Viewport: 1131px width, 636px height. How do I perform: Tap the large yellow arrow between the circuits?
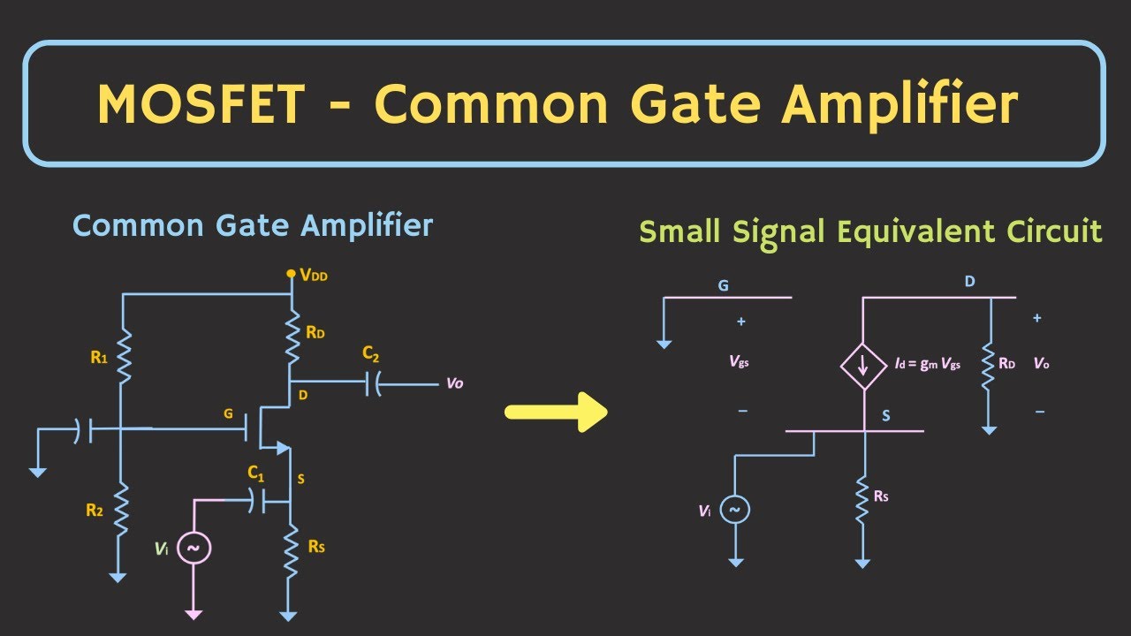pyautogui.click(x=556, y=412)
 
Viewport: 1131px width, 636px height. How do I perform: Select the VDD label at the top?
pyautogui.click(x=314, y=275)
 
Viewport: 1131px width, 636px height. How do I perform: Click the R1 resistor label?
pyautogui.click(x=99, y=358)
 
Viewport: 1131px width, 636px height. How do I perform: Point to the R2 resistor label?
pyautogui.click(x=95, y=510)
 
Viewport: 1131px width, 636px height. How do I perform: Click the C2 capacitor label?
pyautogui.click(x=370, y=354)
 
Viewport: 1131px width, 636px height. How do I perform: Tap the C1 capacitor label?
pyautogui.click(x=256, y=473)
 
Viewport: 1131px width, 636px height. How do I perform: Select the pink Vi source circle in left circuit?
pyautogui.click(x=194, y=549)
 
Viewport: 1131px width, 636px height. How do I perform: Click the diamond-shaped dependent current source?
pyautogui.click(x=864, y=366)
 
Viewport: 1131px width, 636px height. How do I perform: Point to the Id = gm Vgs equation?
pyautogui.click(x=928, y=363)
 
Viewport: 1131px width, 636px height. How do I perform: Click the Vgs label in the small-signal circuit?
pyautogui.click(x=740, y=361)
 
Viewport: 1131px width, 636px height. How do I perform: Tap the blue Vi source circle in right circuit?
pyautogui.click(x=734, y=510)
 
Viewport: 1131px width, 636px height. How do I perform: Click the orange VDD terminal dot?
pyautogui.click(x=291, y=274)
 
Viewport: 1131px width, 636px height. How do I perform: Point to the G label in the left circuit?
pyautogui.click(x=228, y=414)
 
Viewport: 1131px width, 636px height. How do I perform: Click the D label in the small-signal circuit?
pyautogui.click(x=970, y=282)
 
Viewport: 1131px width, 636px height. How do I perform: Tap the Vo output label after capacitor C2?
pyautogui.click(x=454, y=383)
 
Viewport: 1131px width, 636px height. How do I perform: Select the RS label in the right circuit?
pyautogui.click(x=881, y=496)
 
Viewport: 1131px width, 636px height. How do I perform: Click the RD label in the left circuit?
pyautogui.click(x=315, y=332)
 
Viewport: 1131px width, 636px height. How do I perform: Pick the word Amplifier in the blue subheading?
pyautogui.click(x=367, y=225)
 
